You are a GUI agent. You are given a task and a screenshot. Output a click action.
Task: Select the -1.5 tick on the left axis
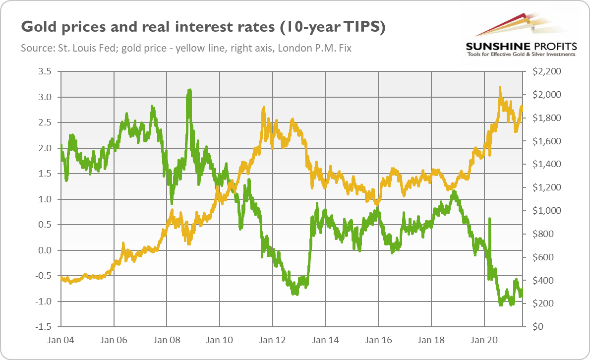coord(44,327)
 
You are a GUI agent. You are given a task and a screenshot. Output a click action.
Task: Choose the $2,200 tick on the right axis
coord(546,71)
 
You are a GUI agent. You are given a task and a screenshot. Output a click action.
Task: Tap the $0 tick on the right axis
coord(537,327)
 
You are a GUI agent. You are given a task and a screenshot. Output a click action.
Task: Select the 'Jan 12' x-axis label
coord(273,341)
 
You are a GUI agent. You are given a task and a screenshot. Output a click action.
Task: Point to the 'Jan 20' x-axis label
coord(484,341)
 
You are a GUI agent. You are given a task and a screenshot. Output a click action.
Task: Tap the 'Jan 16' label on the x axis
coord(378,341)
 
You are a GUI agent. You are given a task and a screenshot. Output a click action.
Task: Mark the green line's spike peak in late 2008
coord(189,91)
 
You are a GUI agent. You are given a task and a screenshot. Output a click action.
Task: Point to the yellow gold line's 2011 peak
coord(263,108)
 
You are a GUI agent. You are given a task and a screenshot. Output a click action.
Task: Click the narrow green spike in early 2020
coord(489,219)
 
